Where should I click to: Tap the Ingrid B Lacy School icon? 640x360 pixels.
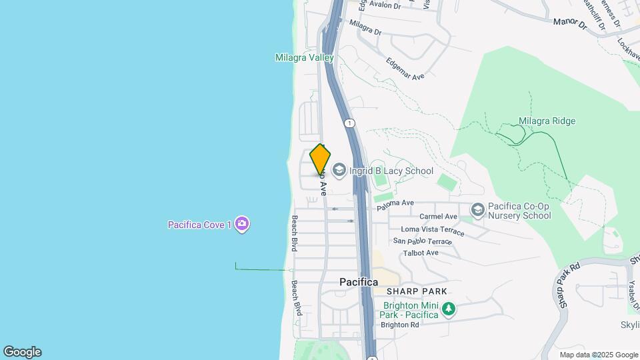[339, 171]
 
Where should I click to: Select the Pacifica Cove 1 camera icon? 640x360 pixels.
[242, 224]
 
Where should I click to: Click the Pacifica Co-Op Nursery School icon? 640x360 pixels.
[477, 211]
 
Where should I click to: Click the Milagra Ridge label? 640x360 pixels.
[547, 121]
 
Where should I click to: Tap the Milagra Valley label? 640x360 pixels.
[304, 58]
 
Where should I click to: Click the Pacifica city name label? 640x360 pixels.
[359, 282]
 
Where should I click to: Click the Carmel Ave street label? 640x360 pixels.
[438, 217]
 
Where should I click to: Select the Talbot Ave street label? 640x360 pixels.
[421, 253]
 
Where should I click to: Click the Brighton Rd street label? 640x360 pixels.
[400, 325]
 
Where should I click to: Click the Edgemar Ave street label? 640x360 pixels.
[405, 69]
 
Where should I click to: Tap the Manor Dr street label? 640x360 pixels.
[569, 23]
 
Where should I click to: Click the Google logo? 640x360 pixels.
[22, 352]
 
